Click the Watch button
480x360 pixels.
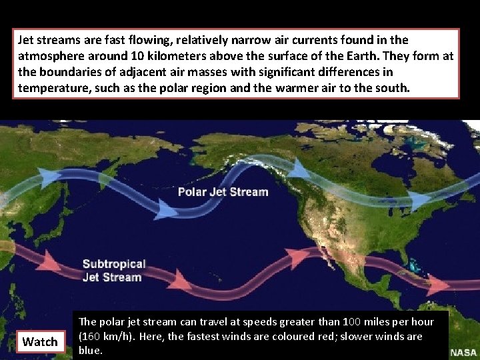[x=40, y=342]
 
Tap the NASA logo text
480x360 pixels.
[x=463, y=353]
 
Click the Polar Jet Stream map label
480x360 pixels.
[x=223, y=192]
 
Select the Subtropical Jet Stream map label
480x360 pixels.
[x=113, y=271]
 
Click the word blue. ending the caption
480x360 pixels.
[x=91, y=350]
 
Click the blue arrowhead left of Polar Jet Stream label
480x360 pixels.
[x=167, y=211]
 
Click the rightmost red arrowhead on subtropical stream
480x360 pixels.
[x=437, y=285]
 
